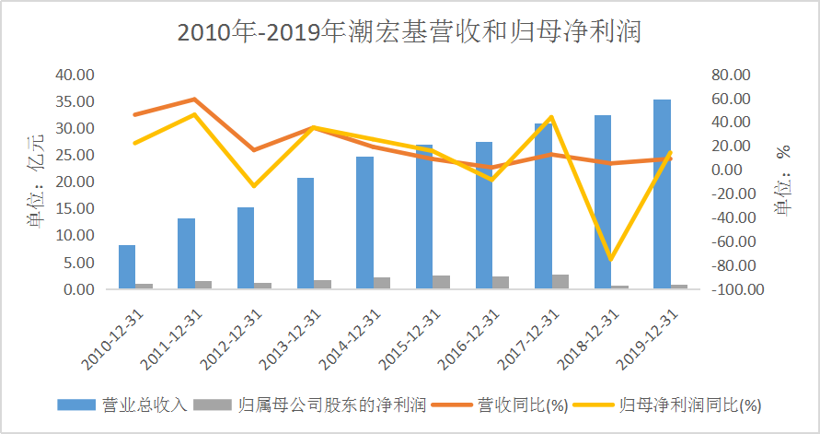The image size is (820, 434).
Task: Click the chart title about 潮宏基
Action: pos(410,33)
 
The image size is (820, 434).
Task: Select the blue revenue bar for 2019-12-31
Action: pos(662,194)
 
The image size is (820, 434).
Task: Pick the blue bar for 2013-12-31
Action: pos(306,233)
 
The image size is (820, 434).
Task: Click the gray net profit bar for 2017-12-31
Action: pos(560,281)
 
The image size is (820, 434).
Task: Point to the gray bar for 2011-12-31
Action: pos(203,284)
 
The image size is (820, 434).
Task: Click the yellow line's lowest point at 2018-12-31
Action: pos(609,260)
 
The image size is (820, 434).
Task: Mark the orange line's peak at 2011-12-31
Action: pos(193,99)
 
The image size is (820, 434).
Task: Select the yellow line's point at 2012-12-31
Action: pos(253,186)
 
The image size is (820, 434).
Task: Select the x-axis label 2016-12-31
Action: pos(472,336)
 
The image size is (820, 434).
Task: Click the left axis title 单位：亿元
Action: pos(35,181)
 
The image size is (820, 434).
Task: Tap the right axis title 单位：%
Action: pos(785,181)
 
